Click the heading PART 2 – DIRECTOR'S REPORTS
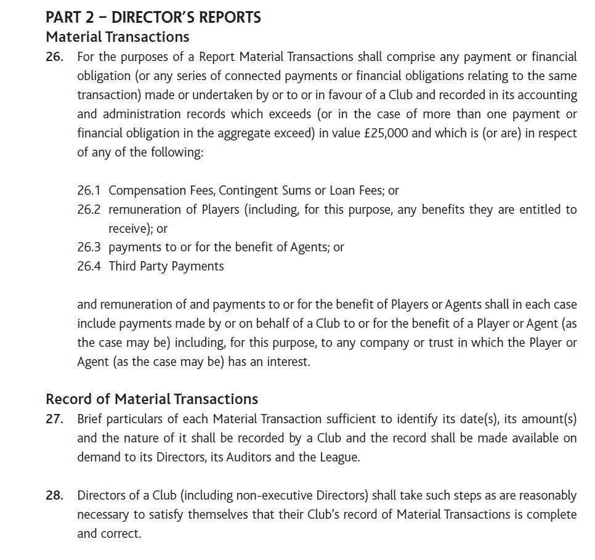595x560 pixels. (x=153, y=17)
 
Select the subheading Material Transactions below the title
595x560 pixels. (x=118, y=38)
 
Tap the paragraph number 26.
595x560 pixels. (x=54, y=57)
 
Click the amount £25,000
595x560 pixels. (x=382, y=133)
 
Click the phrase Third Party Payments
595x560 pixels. (x=166, y=266)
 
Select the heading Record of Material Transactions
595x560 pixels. (x=152, y=399)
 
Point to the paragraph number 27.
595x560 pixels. (x=54, y=420)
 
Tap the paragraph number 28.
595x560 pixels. (x=54, y=495)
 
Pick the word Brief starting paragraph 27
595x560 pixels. (x=90, y=420)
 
